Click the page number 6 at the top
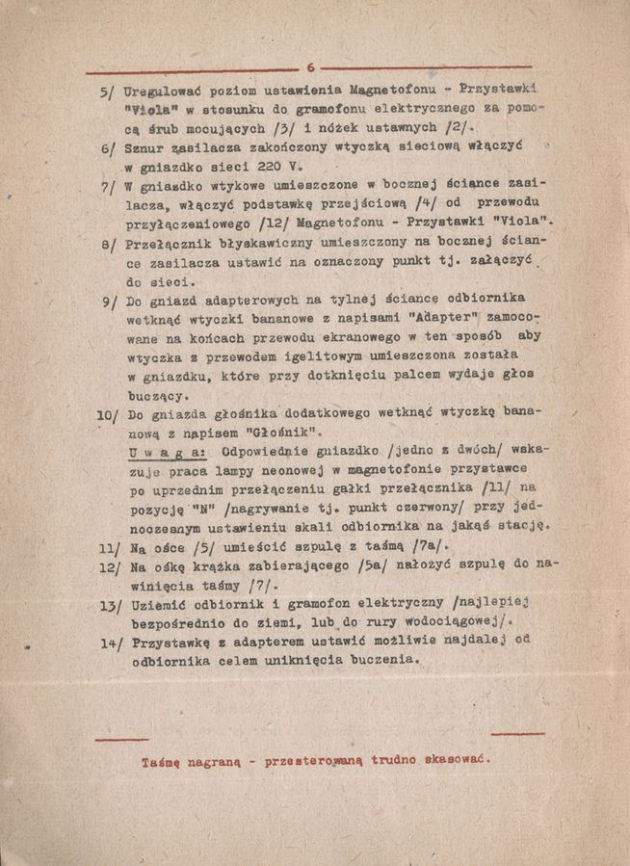tap(311, 67)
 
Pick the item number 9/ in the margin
tap(109, 302)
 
